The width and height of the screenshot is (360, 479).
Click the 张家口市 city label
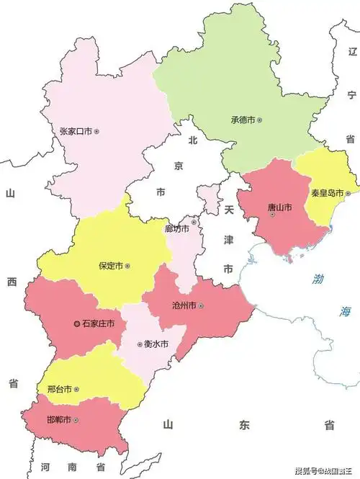(76, 132)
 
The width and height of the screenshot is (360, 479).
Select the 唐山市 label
(279, 207)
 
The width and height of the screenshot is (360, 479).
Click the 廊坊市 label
(176, 229)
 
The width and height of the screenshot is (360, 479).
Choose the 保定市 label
(111, 266)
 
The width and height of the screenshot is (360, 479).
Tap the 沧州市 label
(184, 306)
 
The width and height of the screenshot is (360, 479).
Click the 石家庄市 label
(99, 325)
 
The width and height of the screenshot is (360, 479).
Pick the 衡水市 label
(156, 344)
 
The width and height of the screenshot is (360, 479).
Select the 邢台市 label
(59, 390)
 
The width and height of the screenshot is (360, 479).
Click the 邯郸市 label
(59, 420)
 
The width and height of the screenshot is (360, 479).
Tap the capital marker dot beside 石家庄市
(77, 325)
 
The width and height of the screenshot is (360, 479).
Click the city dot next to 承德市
(260, 120)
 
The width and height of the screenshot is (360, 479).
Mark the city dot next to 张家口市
(96, 132)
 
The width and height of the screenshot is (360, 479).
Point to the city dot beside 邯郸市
(76, 420)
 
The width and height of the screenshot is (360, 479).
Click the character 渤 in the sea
(319, 279)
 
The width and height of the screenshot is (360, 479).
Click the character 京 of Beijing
(179, 166)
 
